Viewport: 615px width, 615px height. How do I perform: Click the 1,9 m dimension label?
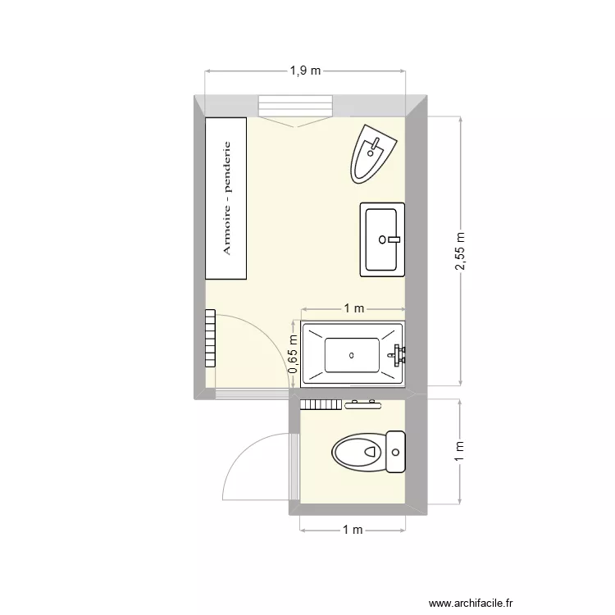click(x=305, y=71)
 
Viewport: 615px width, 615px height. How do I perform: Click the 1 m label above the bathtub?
click(x=353, y=308)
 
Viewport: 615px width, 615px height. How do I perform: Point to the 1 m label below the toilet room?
click(x=353, y=530)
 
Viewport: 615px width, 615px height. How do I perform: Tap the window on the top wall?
click(x=296, y=107)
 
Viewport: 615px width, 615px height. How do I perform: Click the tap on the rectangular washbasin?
click(x=391, y=239)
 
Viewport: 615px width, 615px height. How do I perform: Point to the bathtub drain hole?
click(x=351, y=355)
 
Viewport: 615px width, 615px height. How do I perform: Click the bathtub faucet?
click(x=399, y=355)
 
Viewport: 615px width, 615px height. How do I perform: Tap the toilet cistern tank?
click(x=397, y=452)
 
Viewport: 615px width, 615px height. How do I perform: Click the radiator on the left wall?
click(x=210, y=339)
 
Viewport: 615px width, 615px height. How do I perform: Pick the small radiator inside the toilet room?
click(x=321, y=403)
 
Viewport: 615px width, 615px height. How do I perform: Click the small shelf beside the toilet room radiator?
click(x=363, y=403)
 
